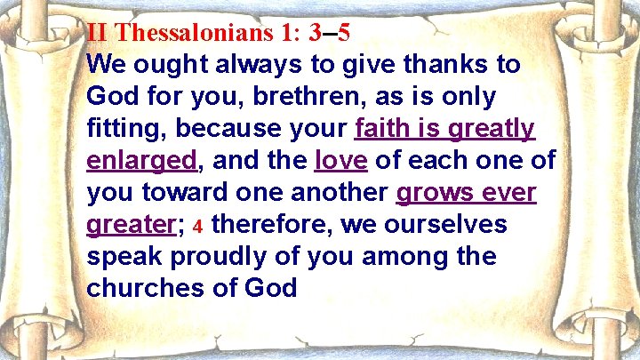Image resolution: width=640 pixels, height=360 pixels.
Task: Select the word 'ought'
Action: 175,66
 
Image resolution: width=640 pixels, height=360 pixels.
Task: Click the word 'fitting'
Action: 127,130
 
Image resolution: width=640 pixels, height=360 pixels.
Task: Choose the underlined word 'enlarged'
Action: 141,162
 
